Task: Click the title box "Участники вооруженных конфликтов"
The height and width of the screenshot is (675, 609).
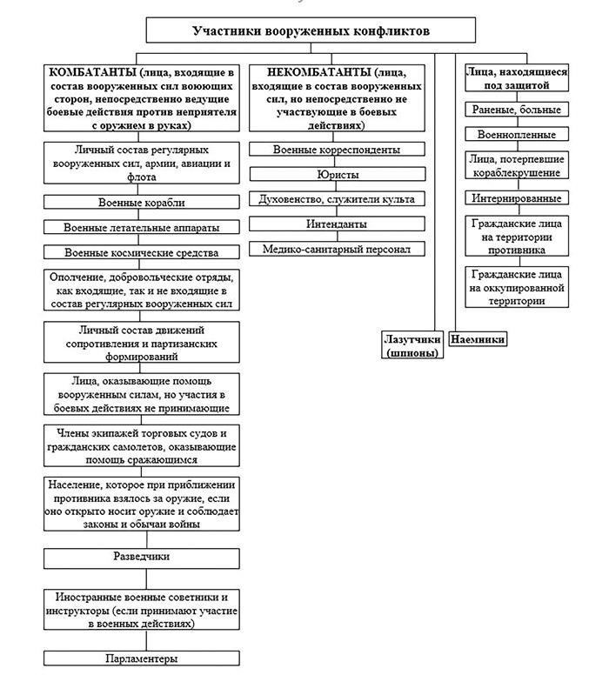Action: tap(310, 31)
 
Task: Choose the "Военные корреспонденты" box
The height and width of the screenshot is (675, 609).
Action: tap(336, 150)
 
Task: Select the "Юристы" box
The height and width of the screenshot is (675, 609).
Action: tap(336, 174)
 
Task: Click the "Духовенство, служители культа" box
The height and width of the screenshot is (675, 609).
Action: tap(336, 199)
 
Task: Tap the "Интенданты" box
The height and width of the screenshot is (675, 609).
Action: tap(336, 224)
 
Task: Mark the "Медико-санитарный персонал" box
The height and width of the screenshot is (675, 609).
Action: tap(336, 249)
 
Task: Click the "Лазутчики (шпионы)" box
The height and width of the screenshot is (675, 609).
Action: tap(412, 345)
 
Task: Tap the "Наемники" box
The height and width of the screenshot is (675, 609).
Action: tap(478, 339)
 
